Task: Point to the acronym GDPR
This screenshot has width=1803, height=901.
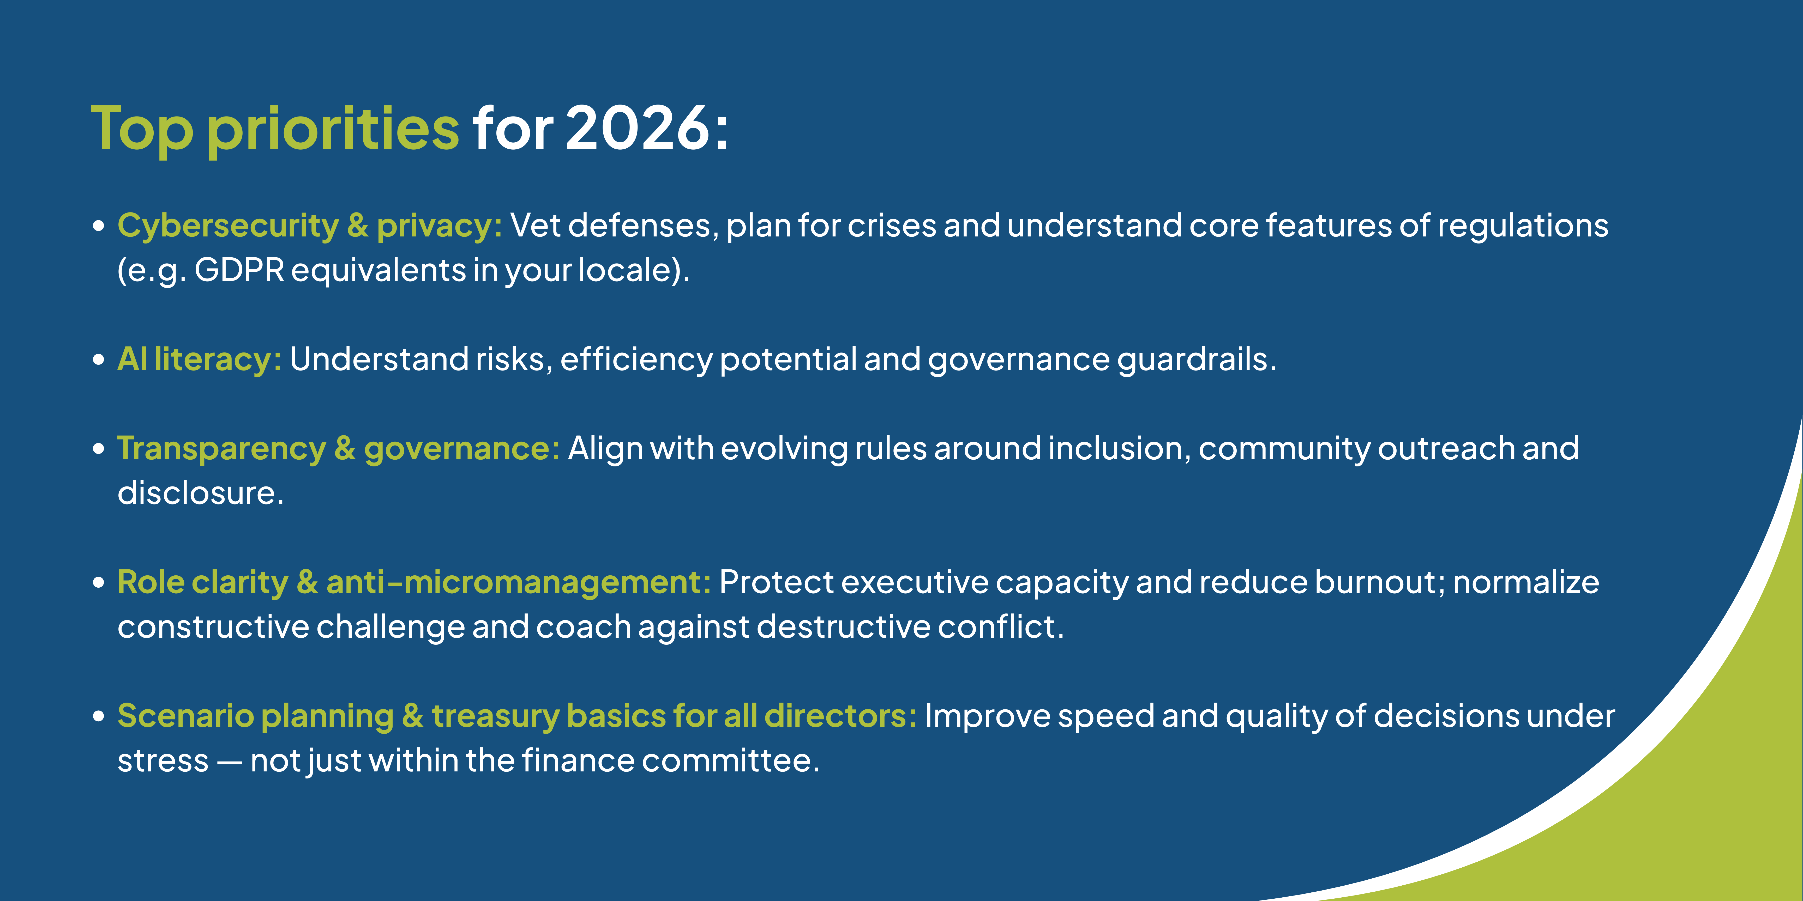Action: point(239,270)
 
